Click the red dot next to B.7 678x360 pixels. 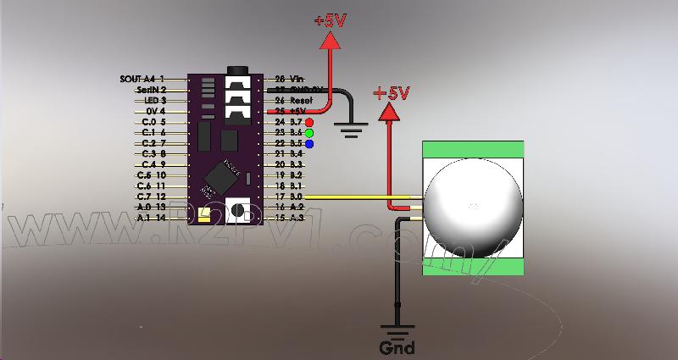[x=309, y=122]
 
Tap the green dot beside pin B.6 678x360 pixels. [x=309, y=133]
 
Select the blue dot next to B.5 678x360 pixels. [x=309, y=144]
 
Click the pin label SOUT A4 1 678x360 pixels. [x=142, y=78]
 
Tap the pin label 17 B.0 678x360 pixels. [x=289, y=197]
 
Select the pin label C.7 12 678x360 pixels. [x=151, y=197]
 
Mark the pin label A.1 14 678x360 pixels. [x=151, y=218]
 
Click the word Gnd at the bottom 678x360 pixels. [x=397, y=347]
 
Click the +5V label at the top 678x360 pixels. [x=330, y=21]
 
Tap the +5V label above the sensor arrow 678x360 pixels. [x=391, y=92]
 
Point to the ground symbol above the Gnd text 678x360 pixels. [x=397, y=330]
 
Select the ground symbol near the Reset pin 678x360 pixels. [x=348, y=128]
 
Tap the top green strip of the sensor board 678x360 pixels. [x=473, y=150]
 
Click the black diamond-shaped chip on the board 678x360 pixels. [x=221, y=177]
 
